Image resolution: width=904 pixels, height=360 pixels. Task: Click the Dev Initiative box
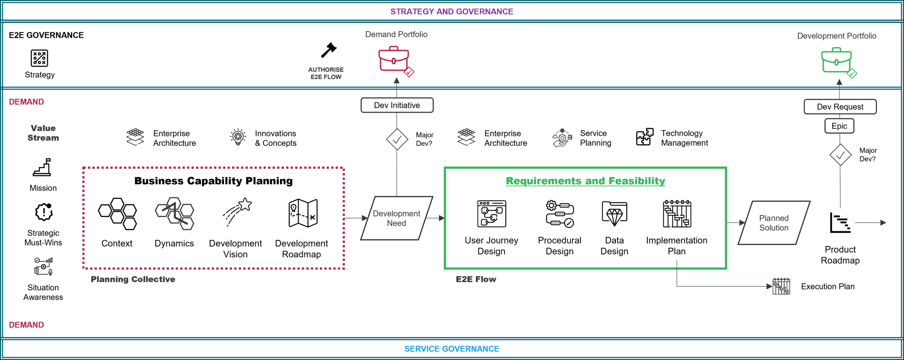tap(397, 105)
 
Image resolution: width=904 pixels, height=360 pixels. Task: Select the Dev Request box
tap(840, 107)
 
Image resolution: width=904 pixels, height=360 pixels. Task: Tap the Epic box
tap(839, 126)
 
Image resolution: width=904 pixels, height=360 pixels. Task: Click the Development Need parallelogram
tap(397, 218)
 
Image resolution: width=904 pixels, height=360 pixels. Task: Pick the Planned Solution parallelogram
tap(774, 223)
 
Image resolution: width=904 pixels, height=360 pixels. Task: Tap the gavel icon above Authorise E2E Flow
tap(329, 50)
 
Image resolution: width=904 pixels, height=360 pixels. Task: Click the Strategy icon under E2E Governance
tap(39, 58)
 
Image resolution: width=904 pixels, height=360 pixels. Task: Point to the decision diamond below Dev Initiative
tap(397, 139)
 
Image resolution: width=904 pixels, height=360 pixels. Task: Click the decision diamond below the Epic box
tap(840, 155)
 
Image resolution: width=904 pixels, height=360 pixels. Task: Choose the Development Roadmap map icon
tap(303, 213)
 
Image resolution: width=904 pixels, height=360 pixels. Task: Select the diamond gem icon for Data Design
tap(614, 214)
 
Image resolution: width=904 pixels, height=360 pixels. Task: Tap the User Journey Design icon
tap(492, 214)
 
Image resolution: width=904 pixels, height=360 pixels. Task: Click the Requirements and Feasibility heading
tap(585, 181)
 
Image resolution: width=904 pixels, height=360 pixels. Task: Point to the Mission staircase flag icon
tap(42, 167)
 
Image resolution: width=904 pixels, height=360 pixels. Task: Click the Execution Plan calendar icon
tap(781, 286)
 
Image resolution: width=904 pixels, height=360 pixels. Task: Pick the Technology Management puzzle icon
tap(645, 137)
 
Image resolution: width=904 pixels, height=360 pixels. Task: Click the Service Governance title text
tap(452, 349)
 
